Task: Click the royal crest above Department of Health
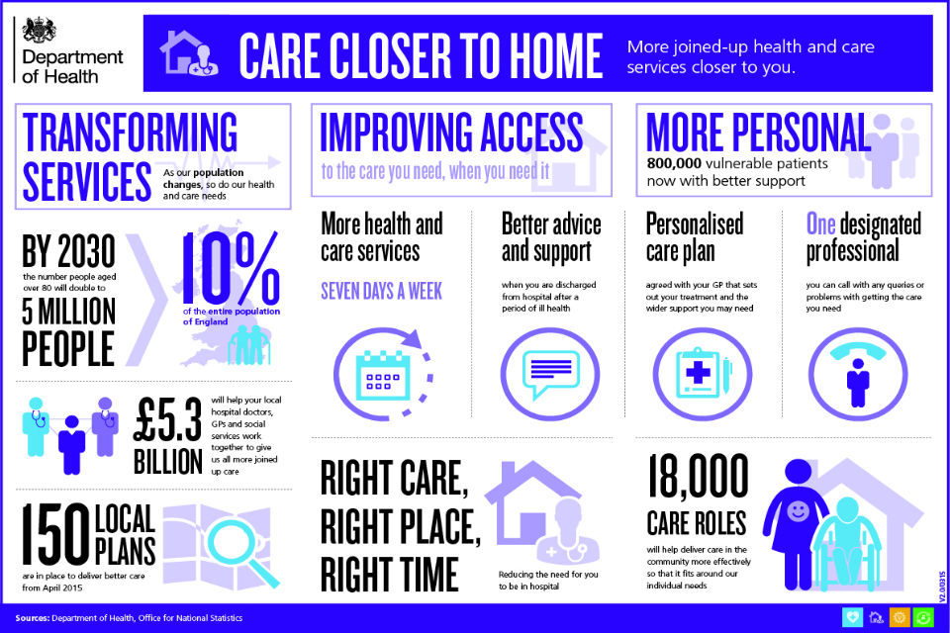pos(39,30)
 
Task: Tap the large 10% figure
pos(231,268)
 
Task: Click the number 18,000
pos(698,478)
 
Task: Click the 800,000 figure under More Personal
pos(674,163)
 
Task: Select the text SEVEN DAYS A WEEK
pos(382,292)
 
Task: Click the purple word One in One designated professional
pos(821,225)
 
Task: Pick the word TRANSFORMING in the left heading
pos(130,132)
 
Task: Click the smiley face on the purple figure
pos(798,510)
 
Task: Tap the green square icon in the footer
pos(923,617)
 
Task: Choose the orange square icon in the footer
pos(900,617)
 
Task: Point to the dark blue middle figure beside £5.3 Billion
pos(71,445)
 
